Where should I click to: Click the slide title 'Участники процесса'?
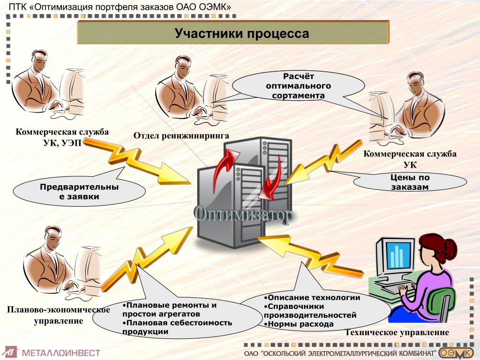click(242, 34)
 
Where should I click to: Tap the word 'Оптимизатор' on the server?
click(244, 214)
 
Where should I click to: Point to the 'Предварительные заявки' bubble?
click(79, 192)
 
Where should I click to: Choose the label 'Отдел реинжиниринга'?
click(181, 136)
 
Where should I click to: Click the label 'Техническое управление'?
click(397, 333)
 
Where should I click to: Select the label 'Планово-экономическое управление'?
click(58, 315)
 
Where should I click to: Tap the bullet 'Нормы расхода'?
click(300, 324)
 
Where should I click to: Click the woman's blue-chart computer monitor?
click(397, 255)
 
